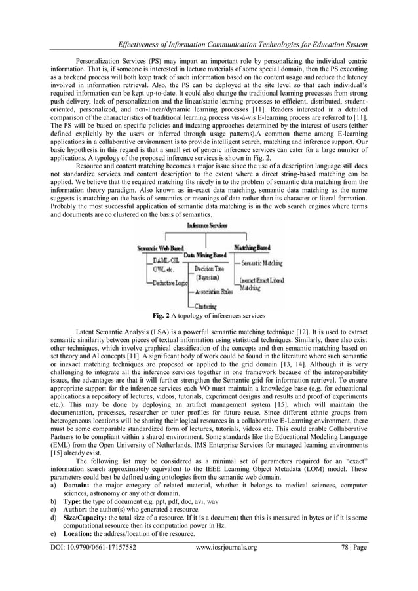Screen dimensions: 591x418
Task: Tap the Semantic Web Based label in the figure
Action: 160,248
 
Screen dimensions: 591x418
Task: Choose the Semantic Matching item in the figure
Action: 258,263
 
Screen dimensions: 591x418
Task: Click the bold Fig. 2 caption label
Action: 162,315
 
